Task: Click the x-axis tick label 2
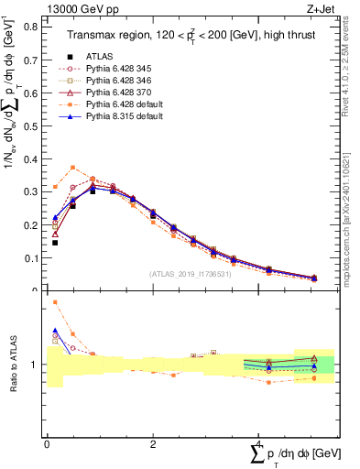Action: (153, 444)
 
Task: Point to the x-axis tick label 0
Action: (47, 444)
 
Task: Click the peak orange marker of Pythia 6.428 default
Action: (73, 167)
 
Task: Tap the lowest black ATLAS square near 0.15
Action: (55, 243)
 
